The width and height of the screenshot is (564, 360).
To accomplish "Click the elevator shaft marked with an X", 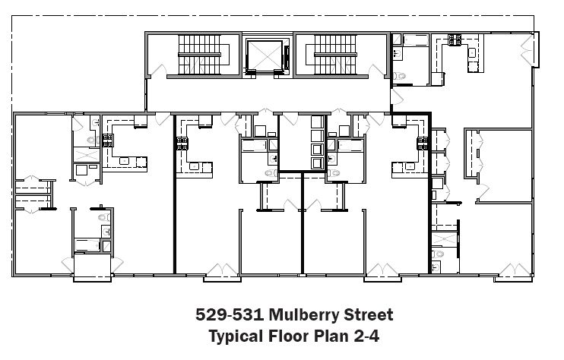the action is pyautogui.click(x=265, y=55).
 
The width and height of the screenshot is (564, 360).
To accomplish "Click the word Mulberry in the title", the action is pyautogui.click(x=304, y=314).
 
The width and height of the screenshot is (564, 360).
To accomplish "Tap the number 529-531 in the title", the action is pyautogui.click(x=230, y=314).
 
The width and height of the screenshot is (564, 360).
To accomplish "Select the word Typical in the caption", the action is pyautogui.click(x=236, y=336).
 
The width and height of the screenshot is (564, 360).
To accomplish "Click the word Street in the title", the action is pyautogui.click(x=369, y=314).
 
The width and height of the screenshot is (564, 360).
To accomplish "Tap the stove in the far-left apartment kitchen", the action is pyautogui.click(x=108, y=140).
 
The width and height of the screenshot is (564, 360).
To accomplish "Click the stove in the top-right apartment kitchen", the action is pyautogui.click(x=455, y=39).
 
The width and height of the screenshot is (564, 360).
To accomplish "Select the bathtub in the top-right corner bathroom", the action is pyautogui.click(x=416, y=40).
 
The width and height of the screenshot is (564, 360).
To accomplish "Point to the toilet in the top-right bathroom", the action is pyautogui.click(x=399, y=76).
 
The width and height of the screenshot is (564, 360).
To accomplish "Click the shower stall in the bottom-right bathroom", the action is pyautogui.click(x=444, y=239).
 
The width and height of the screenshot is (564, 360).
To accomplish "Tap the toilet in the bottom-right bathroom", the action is pyautogui.click(x=438, y=254).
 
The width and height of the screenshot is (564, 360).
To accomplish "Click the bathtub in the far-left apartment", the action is pyautogui.click(x=87, y=245).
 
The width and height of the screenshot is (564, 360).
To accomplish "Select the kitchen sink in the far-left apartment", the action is pyautogui.click(x=124, y=161).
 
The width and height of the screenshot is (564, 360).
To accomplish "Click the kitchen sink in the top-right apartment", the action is pyautogui.click(x=472, y=53).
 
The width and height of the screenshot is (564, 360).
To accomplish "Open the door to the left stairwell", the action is pyautogui.click(x=158, y=71).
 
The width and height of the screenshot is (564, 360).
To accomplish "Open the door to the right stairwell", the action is pyautogui.click(x=376, y=71).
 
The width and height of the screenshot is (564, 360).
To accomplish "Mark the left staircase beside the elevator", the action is pyautogui.click(x=200, y=55).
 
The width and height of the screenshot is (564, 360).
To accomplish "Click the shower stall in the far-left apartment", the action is pyautogui.click(x=87, y=154).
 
